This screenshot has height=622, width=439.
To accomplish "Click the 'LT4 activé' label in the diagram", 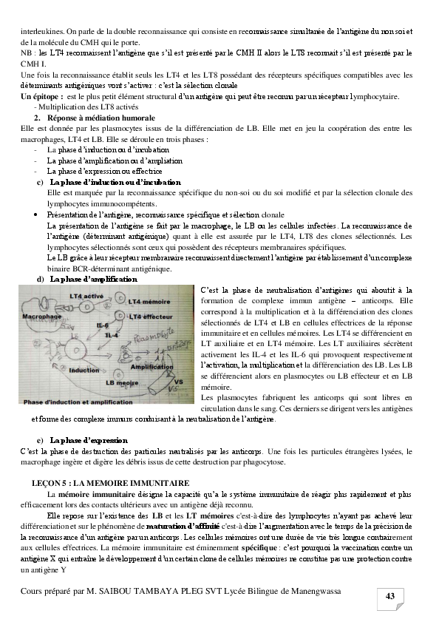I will (x=86, y=296).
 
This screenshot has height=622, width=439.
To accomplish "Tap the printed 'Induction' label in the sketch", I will (x=84, y=370).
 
